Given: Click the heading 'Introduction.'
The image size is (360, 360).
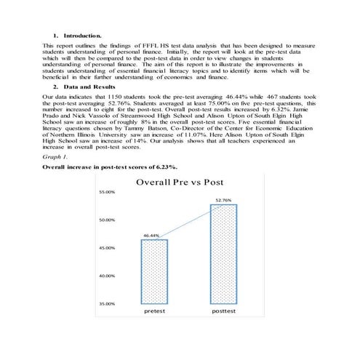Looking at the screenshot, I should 82,34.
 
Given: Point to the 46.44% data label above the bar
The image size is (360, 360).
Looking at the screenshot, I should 151,235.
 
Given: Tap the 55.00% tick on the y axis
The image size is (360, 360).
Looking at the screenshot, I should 107,192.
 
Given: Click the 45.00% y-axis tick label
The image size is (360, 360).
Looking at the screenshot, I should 107,248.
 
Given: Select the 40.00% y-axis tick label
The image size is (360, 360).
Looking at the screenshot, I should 107,276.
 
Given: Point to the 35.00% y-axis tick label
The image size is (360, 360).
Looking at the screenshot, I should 107,303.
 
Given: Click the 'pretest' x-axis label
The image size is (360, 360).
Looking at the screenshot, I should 154,310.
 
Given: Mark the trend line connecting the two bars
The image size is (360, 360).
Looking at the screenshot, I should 188,220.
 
